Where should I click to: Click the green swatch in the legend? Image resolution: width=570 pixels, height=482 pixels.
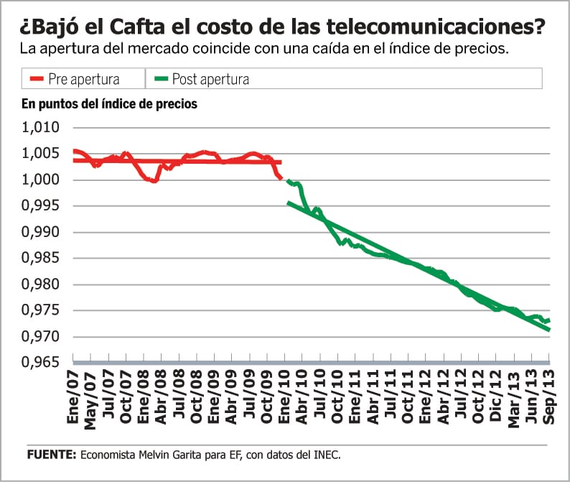click(159, 78)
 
